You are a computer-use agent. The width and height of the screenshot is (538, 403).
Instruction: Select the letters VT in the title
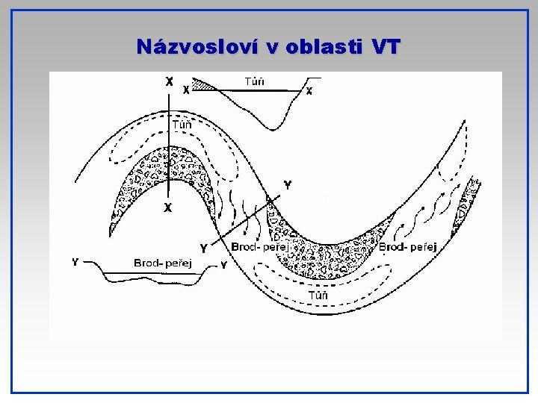pos(385,47)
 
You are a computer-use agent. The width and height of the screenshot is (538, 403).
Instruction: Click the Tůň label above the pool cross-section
pos(254,81)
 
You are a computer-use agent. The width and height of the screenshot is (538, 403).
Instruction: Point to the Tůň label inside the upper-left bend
pos(182,125)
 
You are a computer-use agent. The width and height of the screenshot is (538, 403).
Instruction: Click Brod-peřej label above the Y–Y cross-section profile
pos(163,262)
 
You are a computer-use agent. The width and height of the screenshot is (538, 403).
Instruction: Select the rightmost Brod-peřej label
pos(408,246)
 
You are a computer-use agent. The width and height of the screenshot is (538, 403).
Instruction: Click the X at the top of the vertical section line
pos(170,80)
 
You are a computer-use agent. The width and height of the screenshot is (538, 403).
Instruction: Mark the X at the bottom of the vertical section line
pos(168,208)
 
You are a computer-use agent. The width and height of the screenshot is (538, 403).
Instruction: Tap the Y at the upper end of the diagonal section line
pos(288,184)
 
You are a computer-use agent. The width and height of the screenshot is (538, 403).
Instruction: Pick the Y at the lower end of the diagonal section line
pos(202,249)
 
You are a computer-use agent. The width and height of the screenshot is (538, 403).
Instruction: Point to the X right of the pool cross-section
pos(309,91)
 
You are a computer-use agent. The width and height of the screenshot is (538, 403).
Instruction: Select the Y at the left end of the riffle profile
pos(75,262)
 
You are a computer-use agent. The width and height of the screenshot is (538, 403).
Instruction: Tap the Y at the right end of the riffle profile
pos(223,265)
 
